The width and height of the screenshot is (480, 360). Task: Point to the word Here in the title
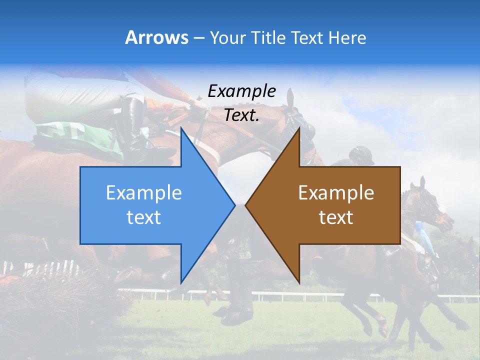(347, 37)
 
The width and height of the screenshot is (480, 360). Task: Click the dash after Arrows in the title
(198, 38)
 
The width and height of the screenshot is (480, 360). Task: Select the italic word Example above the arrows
(241, 91)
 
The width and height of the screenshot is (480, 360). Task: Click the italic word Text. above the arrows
(241, 115)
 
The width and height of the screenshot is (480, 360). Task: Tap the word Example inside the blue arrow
(143, 193)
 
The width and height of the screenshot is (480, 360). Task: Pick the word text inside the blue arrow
(143, 217)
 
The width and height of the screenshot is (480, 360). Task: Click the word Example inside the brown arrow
(336, 193)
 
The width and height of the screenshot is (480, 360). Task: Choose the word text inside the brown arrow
(336, 217)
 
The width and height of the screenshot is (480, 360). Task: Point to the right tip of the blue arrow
(234, 205)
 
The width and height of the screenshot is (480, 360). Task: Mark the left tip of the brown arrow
(245, 205)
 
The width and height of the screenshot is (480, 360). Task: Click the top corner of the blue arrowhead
(181, 128)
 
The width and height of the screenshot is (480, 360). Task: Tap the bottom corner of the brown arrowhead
(299, 282)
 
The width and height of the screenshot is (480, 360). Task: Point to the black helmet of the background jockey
(361, 155)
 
